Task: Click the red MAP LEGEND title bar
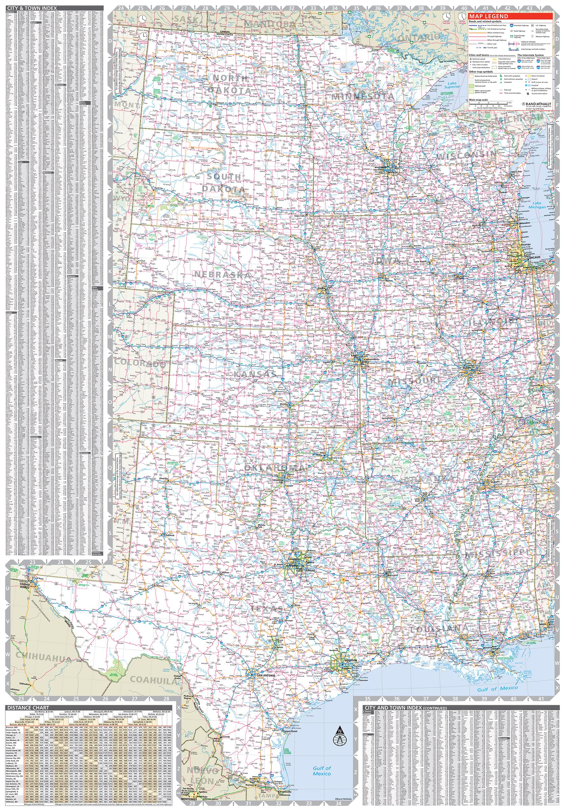click(x=510, y=16)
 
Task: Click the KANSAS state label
click(x=254, y=374)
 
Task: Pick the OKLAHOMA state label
click(x=274, y=468)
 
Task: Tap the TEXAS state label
click(x=267, y=609)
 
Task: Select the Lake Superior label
click(x=452, y=85)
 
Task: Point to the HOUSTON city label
click(x=350, y=660)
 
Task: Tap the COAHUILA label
click(x=153, y=679)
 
